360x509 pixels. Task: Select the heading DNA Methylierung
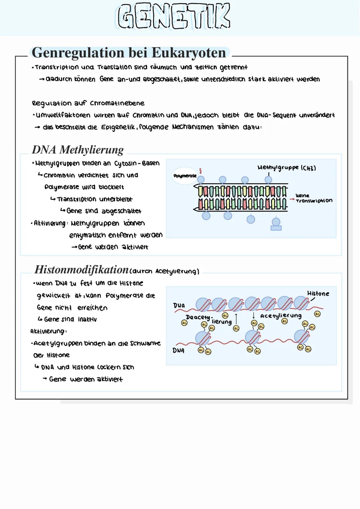(78, 150)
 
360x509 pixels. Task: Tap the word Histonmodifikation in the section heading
(81, 269)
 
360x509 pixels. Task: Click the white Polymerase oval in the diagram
(185, 176)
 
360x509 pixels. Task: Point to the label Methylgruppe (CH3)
(286, 167)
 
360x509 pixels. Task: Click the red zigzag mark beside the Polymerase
(201, 171)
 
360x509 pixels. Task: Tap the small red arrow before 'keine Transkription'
(292, 199)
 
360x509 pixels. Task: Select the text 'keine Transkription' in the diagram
(313, 198)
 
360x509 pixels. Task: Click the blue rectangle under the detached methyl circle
(276, 228)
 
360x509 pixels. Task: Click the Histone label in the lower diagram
(318, 294)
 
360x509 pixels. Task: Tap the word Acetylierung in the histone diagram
(281, 316)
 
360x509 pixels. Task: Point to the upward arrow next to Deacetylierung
(236, 318)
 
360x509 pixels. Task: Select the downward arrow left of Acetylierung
(254, 316)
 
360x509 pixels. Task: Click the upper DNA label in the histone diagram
(179, 306)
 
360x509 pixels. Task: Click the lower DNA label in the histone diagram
(178, 350)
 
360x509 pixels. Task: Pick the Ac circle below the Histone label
(317, 314)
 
